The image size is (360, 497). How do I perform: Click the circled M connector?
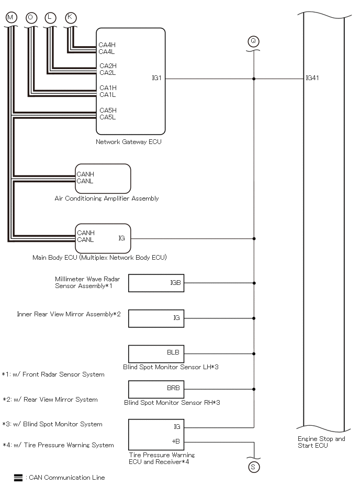pos(11,17)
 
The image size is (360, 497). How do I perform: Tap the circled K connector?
pos(70,17)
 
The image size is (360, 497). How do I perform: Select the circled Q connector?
pos(253,41)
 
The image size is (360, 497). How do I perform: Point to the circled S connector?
pos(253,467)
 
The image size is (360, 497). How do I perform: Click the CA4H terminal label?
pos(107,45)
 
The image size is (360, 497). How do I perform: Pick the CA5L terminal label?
pos(108,117)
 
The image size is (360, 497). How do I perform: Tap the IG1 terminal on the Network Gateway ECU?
pos(157,78)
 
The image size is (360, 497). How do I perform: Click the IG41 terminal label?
pos(312,78)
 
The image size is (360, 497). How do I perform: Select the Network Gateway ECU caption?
pos(129,142)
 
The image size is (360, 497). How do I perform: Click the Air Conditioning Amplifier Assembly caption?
pos(107,198)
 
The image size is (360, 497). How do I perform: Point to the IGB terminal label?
pos(175,283)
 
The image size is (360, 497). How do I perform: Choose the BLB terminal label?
pos(173,352)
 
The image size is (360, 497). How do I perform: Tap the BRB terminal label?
pos(173,388)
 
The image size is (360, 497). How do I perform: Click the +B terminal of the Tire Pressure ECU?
pos(176,441)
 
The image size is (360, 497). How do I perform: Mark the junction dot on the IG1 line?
pos(254,79)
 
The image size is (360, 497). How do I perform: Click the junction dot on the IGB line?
pos(254,283)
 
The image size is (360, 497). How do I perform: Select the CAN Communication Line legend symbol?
pos(18,478)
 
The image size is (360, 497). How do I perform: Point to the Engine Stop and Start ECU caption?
pos(321,442)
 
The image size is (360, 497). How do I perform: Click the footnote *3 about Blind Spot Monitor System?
pos(52,424)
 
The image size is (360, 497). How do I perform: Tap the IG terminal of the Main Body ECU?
pos(121,238)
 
